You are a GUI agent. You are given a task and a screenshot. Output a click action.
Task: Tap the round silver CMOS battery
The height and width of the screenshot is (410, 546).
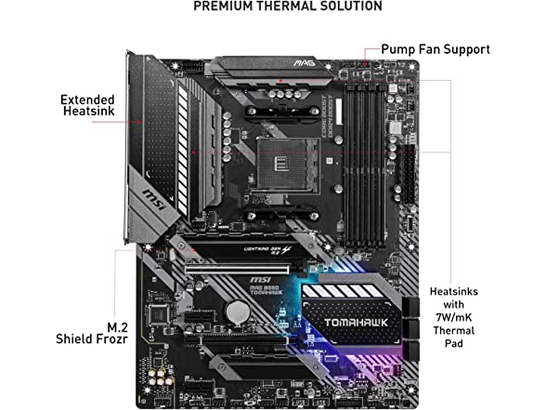(x=240, y=311)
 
